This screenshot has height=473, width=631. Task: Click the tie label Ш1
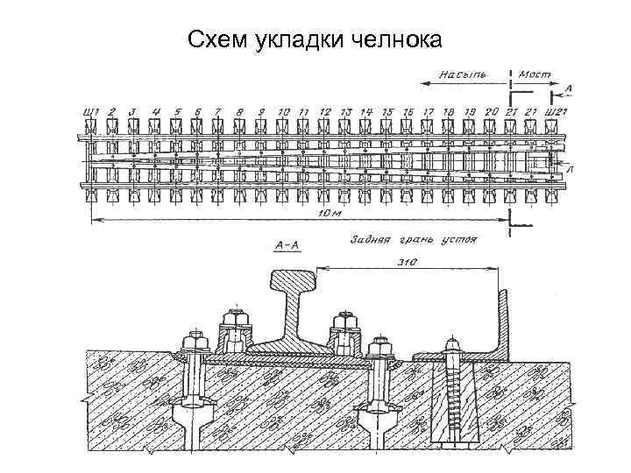[x=89, y=111]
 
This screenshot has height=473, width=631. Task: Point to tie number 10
[x=282, y=111]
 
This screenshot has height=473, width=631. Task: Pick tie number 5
[x=177, y=111]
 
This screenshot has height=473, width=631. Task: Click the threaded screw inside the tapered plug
[x=453, y=394]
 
